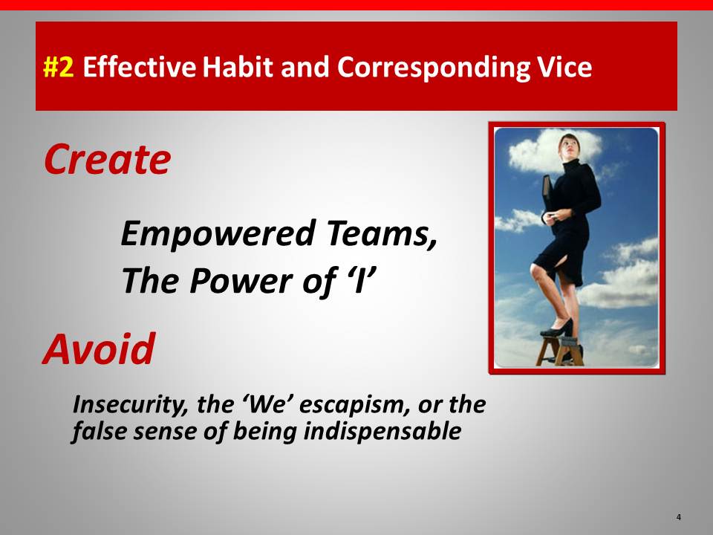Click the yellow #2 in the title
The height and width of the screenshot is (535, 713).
coord(58,67)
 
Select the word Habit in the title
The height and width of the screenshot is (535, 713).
coord(238,66)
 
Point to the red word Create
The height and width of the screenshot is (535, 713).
coord(107,159)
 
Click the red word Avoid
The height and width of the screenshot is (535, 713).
coord(99,349)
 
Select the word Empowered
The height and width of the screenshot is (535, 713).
coord(218,234)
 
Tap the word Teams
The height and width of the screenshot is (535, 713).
coord(381,233)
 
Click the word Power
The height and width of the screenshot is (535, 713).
coord(241,280)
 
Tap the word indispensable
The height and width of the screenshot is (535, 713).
coord(382,431)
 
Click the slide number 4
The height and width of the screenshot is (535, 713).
coord(678,517)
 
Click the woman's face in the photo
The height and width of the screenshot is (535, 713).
coord(569,146)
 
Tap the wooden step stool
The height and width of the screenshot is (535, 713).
coord(560,350)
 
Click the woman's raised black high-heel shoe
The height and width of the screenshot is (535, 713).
coord(558,328)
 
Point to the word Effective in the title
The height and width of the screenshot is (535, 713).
coord(140,66)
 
